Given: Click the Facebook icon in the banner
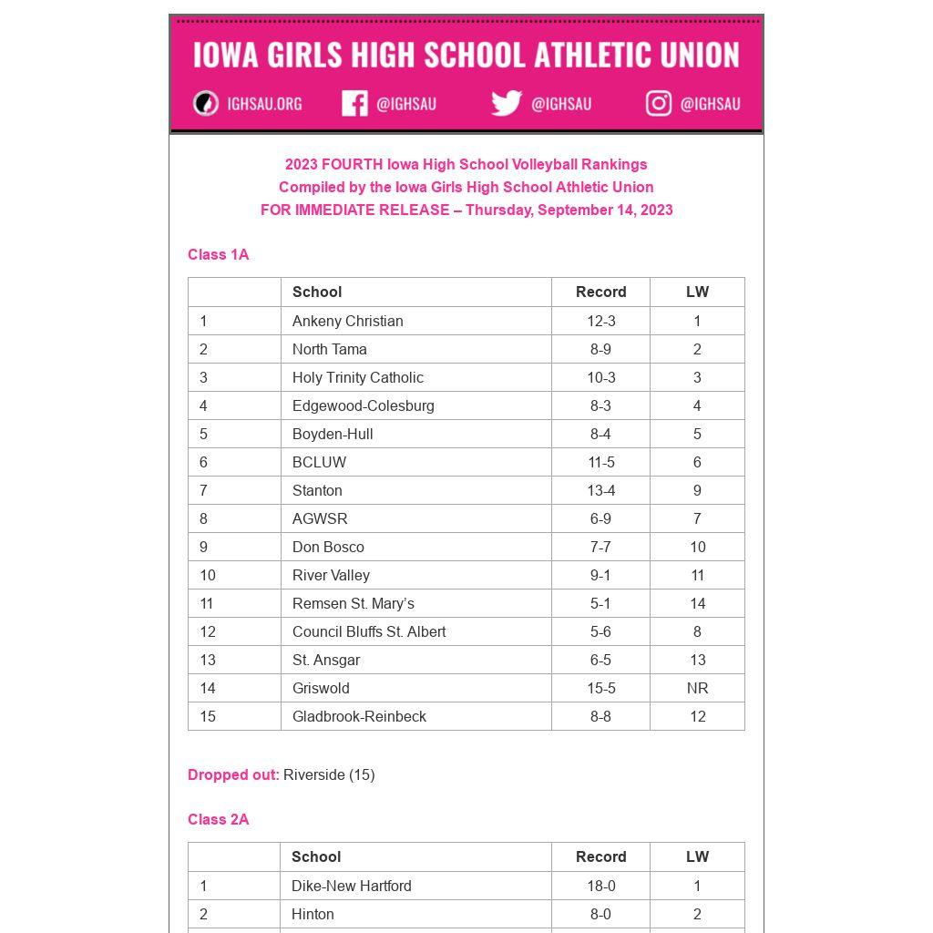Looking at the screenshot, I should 354,103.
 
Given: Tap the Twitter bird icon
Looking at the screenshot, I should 506,103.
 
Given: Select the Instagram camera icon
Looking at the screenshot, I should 659,103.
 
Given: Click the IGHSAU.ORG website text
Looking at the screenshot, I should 264,104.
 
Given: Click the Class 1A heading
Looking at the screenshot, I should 218,254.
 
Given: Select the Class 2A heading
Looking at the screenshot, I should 218,819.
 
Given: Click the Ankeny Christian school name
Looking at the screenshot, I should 347,321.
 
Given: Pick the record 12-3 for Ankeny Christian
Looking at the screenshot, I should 600,321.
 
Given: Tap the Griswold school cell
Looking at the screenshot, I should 321,688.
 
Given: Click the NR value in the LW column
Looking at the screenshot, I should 697,688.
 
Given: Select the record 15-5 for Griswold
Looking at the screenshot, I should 600,688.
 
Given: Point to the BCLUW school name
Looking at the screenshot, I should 319,462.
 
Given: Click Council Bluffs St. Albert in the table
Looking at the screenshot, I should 368,631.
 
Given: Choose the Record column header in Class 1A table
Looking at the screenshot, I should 600,292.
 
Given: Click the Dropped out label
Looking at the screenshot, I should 233,774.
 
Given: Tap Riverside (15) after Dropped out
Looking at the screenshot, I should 329,774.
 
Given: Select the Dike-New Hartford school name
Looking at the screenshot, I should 351,886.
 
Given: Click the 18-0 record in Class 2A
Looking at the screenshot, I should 600,886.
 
